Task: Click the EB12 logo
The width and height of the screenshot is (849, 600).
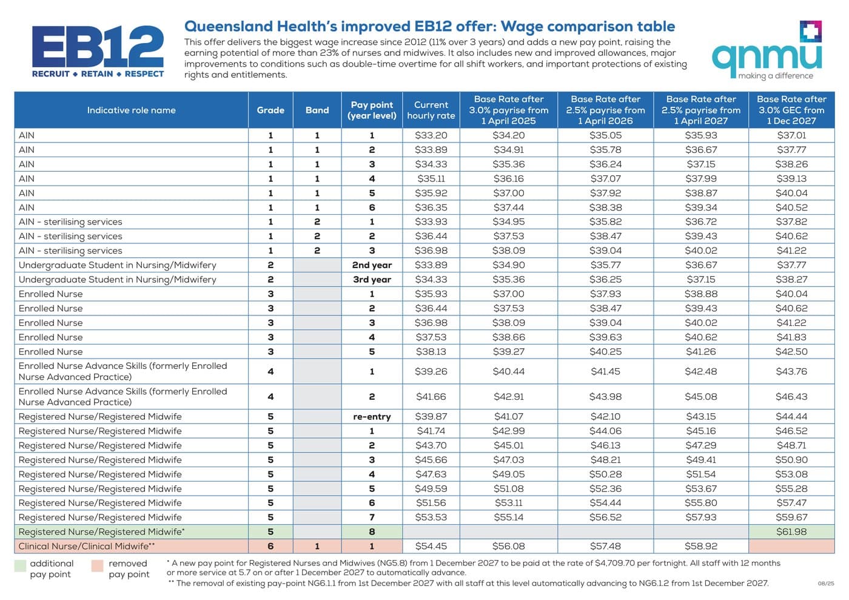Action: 98,51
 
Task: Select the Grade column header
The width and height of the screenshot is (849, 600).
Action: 270,110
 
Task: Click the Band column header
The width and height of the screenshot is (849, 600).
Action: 317,110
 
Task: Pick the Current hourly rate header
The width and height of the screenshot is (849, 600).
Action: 431,110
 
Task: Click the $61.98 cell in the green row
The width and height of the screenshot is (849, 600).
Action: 792,531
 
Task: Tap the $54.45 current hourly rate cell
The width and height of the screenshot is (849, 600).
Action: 431,546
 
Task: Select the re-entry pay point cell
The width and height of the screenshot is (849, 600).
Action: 372,416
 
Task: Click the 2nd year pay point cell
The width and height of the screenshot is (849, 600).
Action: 372,265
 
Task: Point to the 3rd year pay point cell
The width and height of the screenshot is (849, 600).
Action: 372,280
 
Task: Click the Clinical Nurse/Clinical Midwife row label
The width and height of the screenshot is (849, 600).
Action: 87,546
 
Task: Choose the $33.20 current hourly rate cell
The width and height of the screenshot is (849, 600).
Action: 431,135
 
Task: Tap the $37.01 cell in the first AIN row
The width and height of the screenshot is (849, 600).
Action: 792,135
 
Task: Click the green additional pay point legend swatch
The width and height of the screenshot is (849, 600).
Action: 20,565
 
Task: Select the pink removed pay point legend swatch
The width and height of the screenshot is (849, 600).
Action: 98,565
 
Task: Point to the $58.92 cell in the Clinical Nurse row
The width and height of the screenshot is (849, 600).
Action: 701,546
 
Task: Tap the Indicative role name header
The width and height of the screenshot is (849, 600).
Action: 131,110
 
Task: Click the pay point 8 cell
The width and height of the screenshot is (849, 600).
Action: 372,531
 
